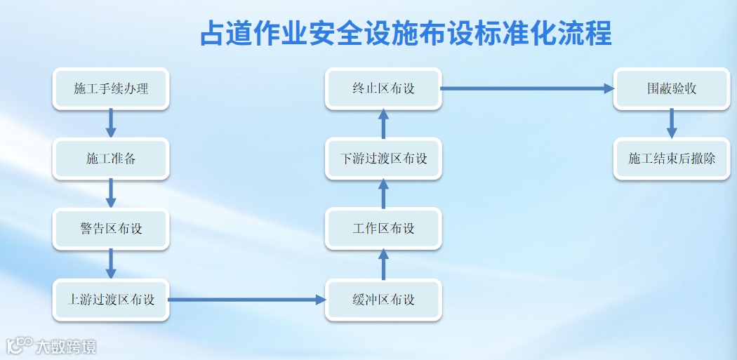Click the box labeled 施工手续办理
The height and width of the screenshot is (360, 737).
click(111, 88)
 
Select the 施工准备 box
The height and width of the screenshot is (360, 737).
click(111, 159)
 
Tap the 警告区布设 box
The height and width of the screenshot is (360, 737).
click(111, 229)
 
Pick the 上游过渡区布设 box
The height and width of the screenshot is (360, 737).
click(111, 300)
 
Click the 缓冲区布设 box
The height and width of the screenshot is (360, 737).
click(383, 300)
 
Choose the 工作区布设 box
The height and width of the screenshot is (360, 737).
click(383, 229)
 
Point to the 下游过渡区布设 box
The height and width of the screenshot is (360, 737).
click(383, 159)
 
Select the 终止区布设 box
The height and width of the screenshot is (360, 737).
click(383, 88)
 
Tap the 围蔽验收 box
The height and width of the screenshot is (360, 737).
click(672, 88)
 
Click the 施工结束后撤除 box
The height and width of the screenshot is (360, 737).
click(672, 159)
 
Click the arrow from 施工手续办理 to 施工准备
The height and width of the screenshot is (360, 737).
click(111, 124)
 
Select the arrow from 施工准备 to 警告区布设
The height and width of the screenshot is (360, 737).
click(111, 194)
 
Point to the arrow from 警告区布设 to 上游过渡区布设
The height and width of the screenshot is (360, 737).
click(111, 265)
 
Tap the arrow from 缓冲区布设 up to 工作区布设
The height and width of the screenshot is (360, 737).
click(383, 265)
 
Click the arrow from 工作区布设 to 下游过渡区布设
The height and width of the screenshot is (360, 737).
click(383, 194)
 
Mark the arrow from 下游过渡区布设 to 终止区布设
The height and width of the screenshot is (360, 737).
click(383, 124)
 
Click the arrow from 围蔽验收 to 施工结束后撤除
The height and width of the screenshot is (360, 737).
click(672, 124)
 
